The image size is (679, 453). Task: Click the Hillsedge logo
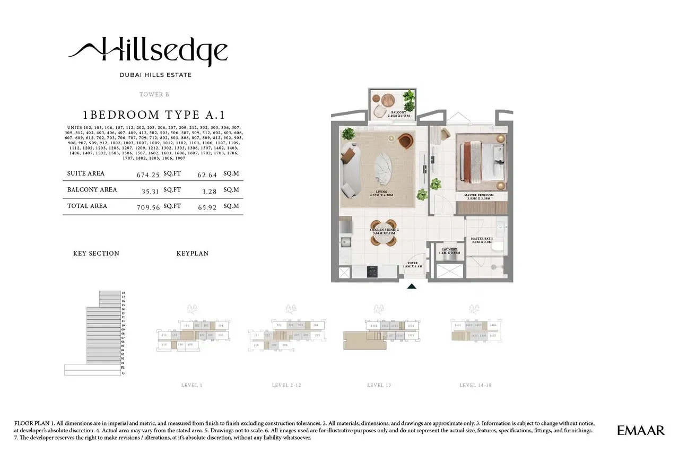tap(148, 51)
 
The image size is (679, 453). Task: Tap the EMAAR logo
tap(641, 430)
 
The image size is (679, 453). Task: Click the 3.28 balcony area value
tap(207, 190)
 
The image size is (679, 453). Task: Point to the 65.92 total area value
tap(207, 207)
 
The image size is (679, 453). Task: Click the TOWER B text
tap(154, 94)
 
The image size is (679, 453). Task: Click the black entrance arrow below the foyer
tap(412, 287)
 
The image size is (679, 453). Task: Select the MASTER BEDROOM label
tap(478, 196)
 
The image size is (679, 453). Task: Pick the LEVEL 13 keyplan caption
tap(379, 385)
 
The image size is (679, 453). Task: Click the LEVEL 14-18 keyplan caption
tap(475, 385)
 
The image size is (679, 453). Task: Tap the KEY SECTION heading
tap(96, 254)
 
